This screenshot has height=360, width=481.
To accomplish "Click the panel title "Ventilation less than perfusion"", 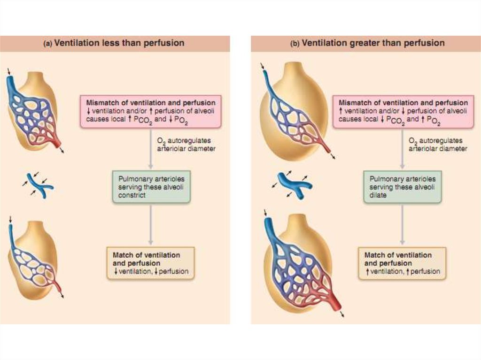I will point(119,43).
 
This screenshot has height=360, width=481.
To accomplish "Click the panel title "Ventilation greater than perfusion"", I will point(373,43).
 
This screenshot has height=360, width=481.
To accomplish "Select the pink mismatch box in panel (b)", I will point(403,111).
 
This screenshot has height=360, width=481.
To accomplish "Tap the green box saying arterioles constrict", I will point(151,186).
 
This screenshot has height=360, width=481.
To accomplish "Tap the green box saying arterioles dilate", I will point(403,186).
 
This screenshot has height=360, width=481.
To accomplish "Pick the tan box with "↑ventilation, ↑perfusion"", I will point(402,263).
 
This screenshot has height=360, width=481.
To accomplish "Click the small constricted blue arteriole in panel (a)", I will point(38,184).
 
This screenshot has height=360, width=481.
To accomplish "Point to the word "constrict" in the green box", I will point(132,195).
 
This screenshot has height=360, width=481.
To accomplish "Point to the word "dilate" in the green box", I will point(378,195).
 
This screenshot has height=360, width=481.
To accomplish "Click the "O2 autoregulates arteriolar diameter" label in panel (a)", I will point(181,145).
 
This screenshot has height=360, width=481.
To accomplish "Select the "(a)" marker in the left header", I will point(47,44).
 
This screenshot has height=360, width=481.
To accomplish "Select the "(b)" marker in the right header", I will point(295,44).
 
